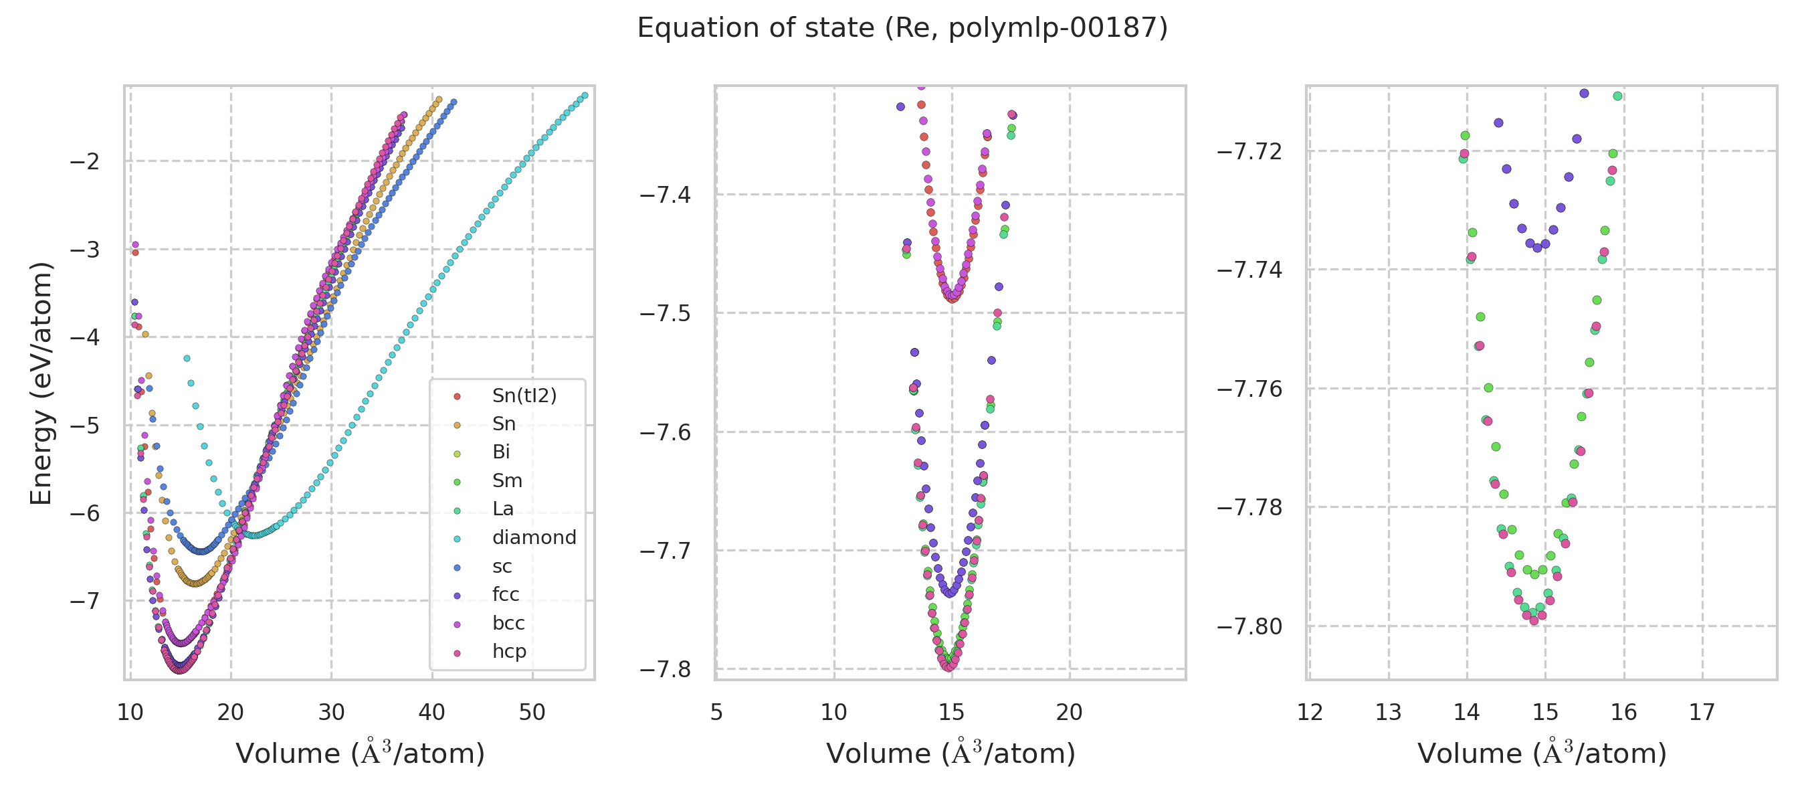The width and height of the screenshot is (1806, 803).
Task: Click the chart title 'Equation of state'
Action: tap(902, 28)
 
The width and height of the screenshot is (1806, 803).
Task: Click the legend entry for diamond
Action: tap(534, 538)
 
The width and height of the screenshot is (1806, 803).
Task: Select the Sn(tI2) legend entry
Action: tap(524, 396)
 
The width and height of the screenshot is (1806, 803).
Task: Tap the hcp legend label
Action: tap(509, 652)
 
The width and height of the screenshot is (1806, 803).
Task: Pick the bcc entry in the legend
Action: tap(508, 624)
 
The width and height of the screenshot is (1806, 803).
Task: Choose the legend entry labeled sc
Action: tap(502, 567)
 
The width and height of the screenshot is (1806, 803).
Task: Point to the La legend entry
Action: tap(503, 509)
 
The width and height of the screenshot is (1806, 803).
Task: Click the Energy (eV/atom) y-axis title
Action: tap(41, 383)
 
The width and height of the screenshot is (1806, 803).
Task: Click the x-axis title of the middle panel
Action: tap(950, 753)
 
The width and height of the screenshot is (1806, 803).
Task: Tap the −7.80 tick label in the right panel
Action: tap(1250, 626)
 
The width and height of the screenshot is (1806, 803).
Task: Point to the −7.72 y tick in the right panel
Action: tap(1250, 151)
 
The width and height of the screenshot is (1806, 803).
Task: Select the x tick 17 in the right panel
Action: tap(1702, 713)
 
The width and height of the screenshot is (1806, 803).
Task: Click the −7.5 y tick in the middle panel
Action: tap(666, 313)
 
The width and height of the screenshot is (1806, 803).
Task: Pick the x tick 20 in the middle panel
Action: tap(1069, 713)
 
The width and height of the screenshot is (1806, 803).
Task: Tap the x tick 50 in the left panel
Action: tap(532, 713)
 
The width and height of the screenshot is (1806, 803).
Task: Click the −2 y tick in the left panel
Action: tap(85, 162)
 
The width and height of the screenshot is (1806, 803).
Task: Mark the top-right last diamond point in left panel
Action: tap(585, 96)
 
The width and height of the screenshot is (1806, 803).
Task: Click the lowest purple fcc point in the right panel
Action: tap(1537, 248)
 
